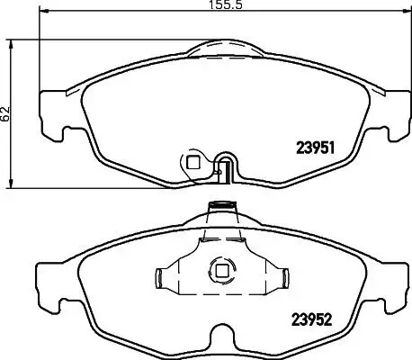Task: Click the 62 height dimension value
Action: pos(6,112)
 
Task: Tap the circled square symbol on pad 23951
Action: pos(192,162)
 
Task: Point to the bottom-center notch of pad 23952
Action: pos(219,340)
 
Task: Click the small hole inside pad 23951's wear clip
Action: pos(226,165)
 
